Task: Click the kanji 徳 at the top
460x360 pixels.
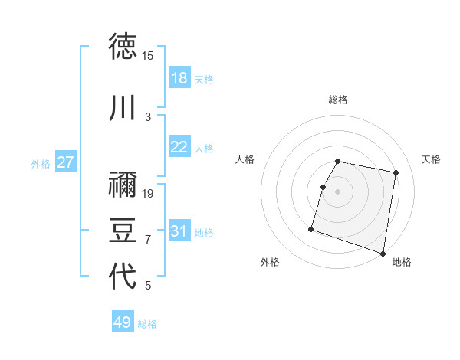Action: coord(123,47)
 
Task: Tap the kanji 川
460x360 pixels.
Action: coord(123,109)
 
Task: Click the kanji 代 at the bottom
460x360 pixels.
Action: coord(123,277)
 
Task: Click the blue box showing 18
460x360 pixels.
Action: coord(179,78)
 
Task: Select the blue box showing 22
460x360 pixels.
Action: coord(179,147)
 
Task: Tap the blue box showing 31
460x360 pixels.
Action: coord(179,231)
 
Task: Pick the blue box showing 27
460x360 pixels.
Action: coord(66,162)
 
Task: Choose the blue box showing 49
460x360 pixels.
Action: coord(123,322)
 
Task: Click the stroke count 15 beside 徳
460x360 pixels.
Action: coord(148,56)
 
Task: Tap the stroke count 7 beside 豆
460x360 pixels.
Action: coord(148,240)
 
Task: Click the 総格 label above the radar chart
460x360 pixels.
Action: coord(338,100)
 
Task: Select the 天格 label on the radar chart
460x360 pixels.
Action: coord(432,159)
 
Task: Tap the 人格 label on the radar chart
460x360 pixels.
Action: coord(245,159)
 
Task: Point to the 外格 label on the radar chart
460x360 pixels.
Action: coord(270,262)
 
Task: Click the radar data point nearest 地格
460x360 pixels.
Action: coord(383,253)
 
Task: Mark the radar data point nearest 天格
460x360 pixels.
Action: coord(396,173)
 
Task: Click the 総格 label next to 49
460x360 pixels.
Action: coord(148,324)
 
